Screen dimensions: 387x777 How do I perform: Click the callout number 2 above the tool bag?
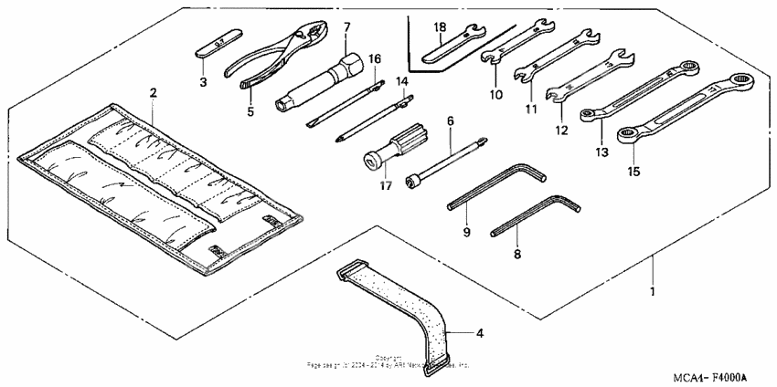click(153, 92)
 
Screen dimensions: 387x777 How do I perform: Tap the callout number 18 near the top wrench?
click(439, 27)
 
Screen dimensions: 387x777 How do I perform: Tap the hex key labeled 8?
click(535, 214)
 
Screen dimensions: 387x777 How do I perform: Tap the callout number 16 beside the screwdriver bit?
click(374, 58)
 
